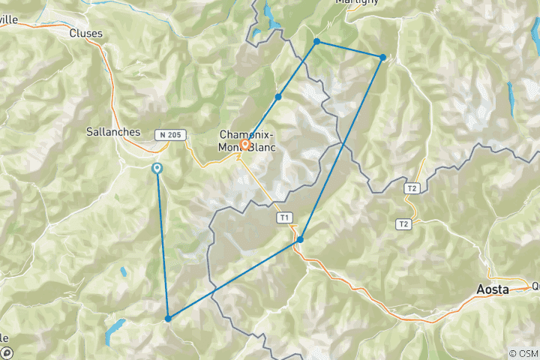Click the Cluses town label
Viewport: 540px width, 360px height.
(x=85, y=33)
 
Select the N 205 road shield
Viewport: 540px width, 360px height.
(x=169, y=135)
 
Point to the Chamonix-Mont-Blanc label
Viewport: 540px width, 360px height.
(x=247, y=141)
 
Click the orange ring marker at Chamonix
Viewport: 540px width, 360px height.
(x=244, y=145)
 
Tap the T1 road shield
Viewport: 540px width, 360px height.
(x=283, y=217)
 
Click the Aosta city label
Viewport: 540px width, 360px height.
(x=493, y=289)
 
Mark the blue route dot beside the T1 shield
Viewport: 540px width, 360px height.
(x=300, y=240)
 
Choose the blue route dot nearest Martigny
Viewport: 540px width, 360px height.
(x=317, y=41)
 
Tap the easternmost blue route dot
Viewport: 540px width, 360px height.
(x=382, y=58)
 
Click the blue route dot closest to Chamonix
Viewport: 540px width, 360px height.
(x=278, y=97)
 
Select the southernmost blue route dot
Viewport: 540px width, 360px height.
(x=168, y=319)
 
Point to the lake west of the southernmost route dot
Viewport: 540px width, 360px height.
(x=115, y=328)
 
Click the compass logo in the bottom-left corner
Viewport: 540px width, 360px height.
(x=7, y=352)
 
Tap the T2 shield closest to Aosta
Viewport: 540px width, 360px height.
(x=404, y=224)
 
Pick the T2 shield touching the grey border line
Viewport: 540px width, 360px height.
(x=411, y=188)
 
